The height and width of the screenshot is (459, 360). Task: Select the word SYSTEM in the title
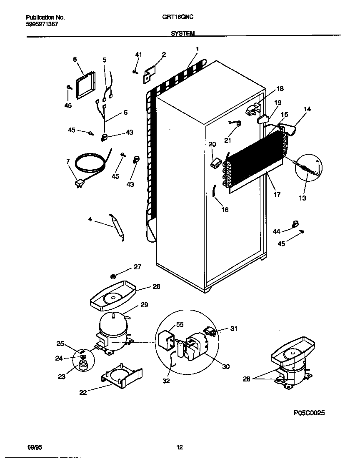182,33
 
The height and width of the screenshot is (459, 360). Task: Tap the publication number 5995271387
41,24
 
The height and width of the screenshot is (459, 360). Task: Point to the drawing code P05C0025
309,413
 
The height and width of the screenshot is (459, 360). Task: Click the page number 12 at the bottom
180,447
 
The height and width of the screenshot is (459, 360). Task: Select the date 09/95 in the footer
34,447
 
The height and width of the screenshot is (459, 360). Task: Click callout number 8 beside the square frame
75,59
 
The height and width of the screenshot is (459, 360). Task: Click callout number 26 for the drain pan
156,286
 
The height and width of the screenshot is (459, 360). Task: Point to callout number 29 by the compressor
144,305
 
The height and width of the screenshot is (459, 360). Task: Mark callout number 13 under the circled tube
302,198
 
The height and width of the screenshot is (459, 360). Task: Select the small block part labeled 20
215,162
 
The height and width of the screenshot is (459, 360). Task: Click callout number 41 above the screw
138,55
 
